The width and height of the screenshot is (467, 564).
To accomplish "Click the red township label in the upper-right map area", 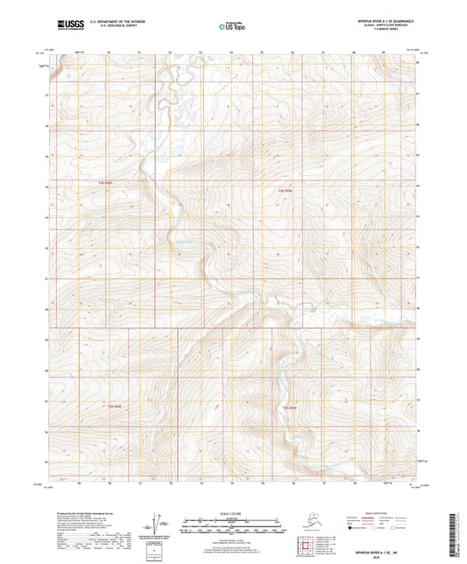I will pyautogui.click(x=287, y=190).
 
